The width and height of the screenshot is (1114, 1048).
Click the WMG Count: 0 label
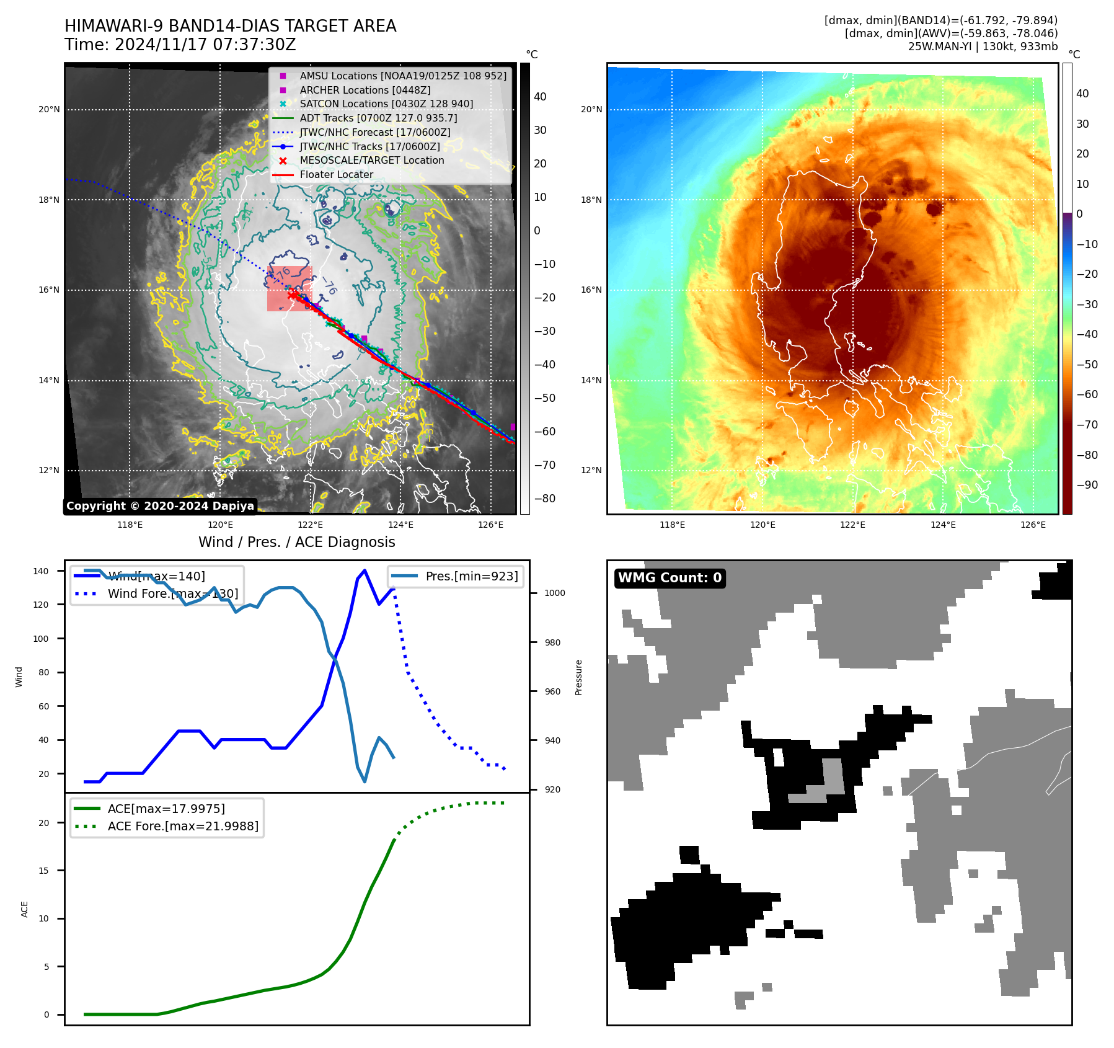(670, 578)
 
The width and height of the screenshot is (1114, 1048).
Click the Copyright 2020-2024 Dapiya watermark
(160, 506)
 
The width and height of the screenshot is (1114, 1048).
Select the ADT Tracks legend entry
(378, 118)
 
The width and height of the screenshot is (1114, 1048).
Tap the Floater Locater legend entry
(336, 175)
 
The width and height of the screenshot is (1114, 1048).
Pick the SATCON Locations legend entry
(386, 104)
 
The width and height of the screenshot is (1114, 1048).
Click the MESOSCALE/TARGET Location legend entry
(371, 161)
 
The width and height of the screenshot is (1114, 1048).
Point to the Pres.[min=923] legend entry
(471, 576)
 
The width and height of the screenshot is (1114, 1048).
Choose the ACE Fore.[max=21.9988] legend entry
(183, 826)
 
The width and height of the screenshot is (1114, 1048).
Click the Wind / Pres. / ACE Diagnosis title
(296, 542)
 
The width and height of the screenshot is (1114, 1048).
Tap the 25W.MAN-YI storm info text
(983, 47)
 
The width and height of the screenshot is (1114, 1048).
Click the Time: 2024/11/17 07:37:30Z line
(180, 45)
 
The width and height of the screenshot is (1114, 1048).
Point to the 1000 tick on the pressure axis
(554, 593)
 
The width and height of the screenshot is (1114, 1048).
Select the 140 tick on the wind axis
(41, 571)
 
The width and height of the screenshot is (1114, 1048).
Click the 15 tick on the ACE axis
(43, 871)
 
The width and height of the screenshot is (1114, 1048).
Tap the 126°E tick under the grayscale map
(490, 525)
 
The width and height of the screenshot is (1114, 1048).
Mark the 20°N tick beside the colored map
(591, 110)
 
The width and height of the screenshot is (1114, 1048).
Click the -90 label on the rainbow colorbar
(1087, 485)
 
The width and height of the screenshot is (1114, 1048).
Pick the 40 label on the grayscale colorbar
(540, 97)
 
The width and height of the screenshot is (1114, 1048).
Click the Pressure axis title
(578, 677)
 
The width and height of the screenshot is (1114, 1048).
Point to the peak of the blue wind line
(365, 570)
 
